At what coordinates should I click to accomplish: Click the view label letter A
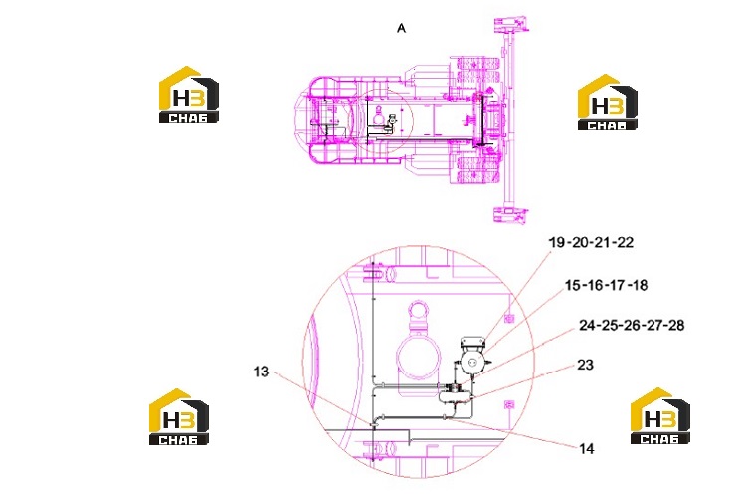coord(401,29)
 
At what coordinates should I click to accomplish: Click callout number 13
coord(261,372)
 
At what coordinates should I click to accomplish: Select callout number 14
coord(587,449)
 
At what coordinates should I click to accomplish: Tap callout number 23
coord(585,365)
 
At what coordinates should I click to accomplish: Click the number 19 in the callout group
coord(557,242)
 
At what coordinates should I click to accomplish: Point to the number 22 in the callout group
coord(625,242)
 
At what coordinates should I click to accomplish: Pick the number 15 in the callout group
coord(572,285)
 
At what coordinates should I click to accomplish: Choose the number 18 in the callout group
coord(641,285)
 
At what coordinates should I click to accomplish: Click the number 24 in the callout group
coord(587,325)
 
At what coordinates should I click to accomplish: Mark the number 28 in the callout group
coord(676,325)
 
